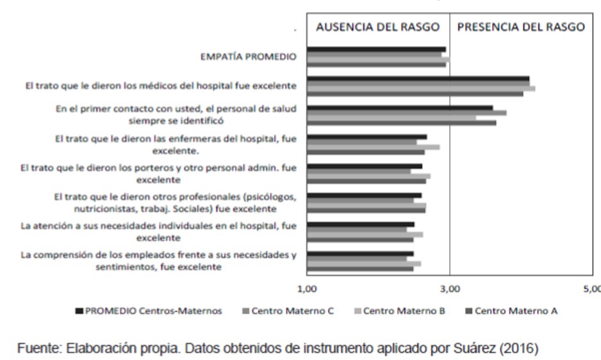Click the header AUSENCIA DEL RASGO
[x=378, y=28]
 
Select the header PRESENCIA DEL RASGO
[x=520, y=28]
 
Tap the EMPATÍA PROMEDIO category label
[x=249, y=56]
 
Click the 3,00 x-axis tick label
[x=450, y=290]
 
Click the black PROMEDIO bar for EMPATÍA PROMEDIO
[x=376, y=49]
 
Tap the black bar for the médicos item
[x=418, y=79]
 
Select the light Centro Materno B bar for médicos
[x=420, y=89]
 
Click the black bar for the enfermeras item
[x=366, y=137]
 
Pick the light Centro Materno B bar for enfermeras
[x=373, y=147]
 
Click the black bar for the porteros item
[x=364, y=167]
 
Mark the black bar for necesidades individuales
[x=360, y=225]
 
